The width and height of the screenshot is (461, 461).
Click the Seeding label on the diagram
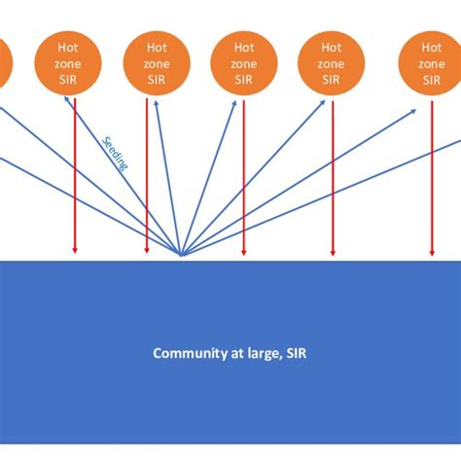(115, 153)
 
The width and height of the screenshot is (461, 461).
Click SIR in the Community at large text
(296, 353)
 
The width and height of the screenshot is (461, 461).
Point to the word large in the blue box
(261, 353)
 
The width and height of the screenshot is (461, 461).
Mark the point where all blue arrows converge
(181, 256)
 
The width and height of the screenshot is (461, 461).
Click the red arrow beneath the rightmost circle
(432, 175)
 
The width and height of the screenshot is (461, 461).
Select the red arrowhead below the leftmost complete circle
(75, 252)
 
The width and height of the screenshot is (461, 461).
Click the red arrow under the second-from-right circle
(333, 175)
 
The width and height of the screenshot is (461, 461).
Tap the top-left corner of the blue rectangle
(1, 262)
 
